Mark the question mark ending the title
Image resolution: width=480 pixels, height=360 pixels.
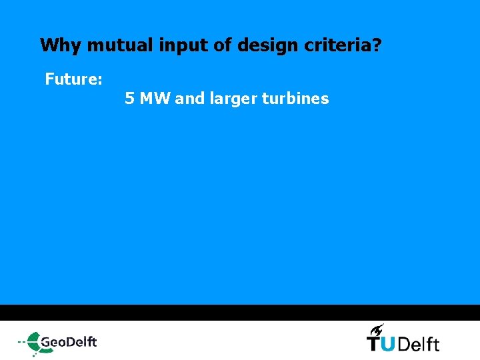pyautogui.click(x=377, y=46)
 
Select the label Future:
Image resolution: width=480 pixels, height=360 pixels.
pyautogui.click(x=73, y=80)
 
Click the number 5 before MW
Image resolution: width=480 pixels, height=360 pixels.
pyautogui.click(x=129, y=99)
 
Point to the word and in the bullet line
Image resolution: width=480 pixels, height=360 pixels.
pyautogui.click(x=190, y=99)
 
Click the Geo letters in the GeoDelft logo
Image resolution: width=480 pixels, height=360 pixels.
pyautogui.click(x=54, y=343)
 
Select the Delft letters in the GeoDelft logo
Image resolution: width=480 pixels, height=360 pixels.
pyautogui.click(x=82, y=342)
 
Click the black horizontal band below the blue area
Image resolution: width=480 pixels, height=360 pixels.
pyautogui.click(x=240, y=313)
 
